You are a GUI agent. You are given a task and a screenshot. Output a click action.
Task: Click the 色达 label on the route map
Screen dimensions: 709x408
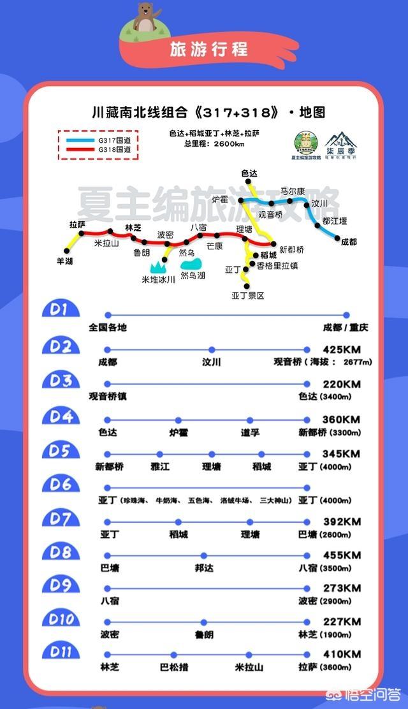click(249, 173)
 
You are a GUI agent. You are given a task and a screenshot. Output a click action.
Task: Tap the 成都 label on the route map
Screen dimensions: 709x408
click(349, 242)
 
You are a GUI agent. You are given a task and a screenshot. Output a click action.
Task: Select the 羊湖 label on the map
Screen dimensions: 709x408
click(64, 261)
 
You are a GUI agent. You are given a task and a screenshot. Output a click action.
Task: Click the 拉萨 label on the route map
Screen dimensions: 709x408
click(77, 224)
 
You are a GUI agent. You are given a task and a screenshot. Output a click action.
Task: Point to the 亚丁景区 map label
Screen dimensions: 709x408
click(247, 296)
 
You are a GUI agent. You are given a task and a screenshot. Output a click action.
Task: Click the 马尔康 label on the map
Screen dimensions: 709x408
click(293, 191)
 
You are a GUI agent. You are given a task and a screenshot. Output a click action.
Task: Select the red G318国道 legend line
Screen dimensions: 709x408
click(81, 149)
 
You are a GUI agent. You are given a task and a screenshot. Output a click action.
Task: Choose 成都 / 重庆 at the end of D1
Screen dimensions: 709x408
click(346, 328)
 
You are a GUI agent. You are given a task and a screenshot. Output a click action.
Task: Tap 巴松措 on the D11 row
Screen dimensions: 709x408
click(174, 668)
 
